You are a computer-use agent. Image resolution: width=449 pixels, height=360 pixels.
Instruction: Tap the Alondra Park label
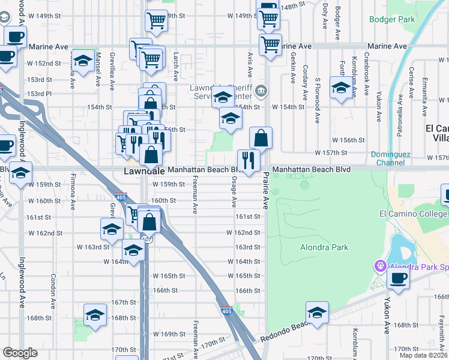click(x=324, y=247)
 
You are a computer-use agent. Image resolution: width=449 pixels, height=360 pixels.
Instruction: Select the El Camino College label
click(x=414, y=214)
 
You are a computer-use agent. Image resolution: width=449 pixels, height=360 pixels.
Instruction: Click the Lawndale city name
click(x=144, y=171)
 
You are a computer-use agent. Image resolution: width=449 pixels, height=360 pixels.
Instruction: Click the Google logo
click(x=20, y=353)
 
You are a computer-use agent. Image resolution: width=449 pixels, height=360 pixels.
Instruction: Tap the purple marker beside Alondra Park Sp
click(x=379, y=265)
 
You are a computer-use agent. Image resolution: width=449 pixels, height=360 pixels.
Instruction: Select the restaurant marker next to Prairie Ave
click(x=249, y=160)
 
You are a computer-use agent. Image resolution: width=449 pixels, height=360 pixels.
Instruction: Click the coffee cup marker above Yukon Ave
click(x=399, y=277)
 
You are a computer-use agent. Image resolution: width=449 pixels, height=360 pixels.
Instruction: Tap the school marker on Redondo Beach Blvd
click(x=317, y=313)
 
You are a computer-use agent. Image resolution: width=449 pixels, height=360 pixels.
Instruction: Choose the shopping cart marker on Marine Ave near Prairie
click(x=271, y=44)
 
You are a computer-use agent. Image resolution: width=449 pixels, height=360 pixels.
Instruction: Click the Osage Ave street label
click(x=234, y=196)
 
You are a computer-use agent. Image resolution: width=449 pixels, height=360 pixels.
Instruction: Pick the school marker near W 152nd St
click(x=83, y=60)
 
